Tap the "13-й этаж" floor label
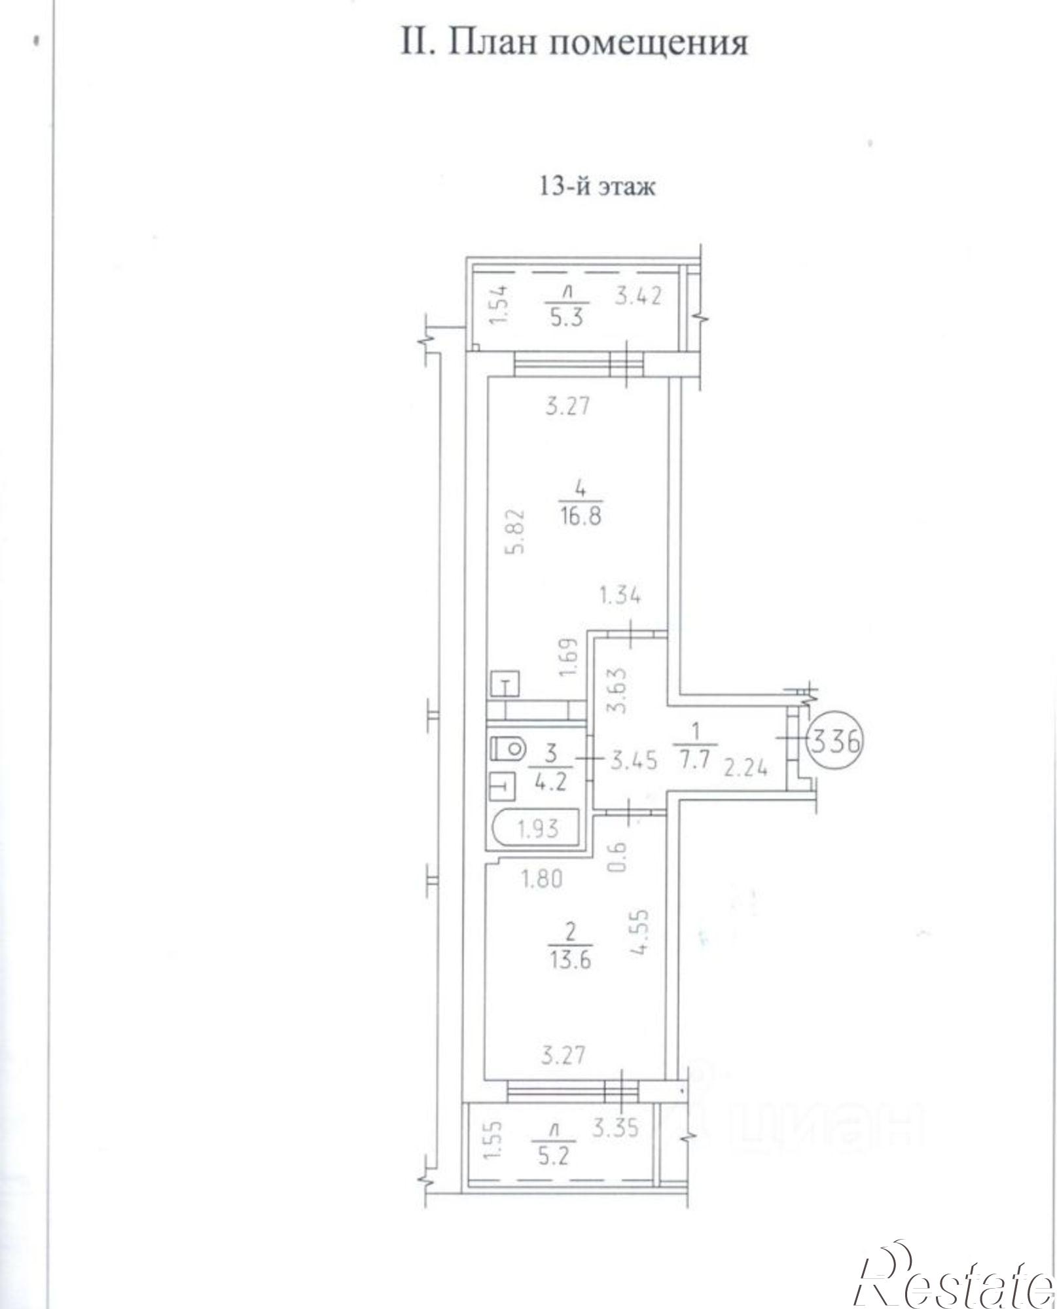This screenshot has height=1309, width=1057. (596, 187)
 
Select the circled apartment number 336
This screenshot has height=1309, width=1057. (836, 741)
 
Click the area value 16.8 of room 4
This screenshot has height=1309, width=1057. (581, 516)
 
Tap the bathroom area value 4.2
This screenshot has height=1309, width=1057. (550, 783)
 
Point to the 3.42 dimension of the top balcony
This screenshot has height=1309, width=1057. (637, 296)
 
